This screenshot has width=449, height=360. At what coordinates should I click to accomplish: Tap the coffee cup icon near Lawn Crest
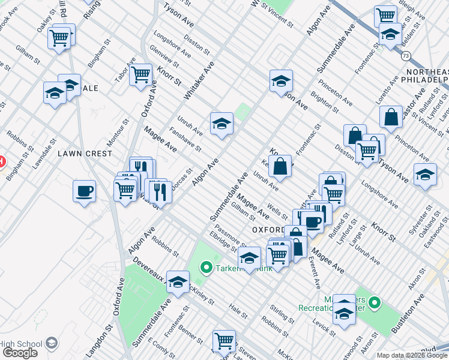pyautogui.click(x=84, y=191)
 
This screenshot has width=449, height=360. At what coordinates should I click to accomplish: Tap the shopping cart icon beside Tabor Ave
pyautogui.click(x=140, y=74)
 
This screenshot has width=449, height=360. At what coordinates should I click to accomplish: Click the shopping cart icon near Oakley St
pyautogui.click(x=59, y=38)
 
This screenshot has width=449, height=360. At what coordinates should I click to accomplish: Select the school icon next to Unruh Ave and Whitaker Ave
pyautogui.click(x=221, y=124)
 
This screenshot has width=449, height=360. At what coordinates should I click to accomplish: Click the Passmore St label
pyautogui.click(x=231, y=238)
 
